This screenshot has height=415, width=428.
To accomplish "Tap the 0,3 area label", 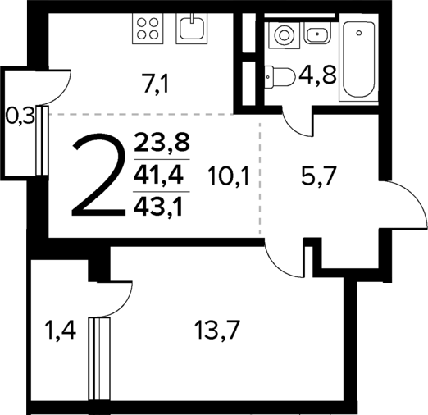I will tap(20, 116).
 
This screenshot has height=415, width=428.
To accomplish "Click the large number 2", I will tap(98, 176).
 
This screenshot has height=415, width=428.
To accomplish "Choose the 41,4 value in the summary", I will tap(162, 174).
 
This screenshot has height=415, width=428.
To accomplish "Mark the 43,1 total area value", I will tap(162, 201).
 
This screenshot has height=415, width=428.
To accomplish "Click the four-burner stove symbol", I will tap(148, 30).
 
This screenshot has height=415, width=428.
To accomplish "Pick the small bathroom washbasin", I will tap(316, 34).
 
